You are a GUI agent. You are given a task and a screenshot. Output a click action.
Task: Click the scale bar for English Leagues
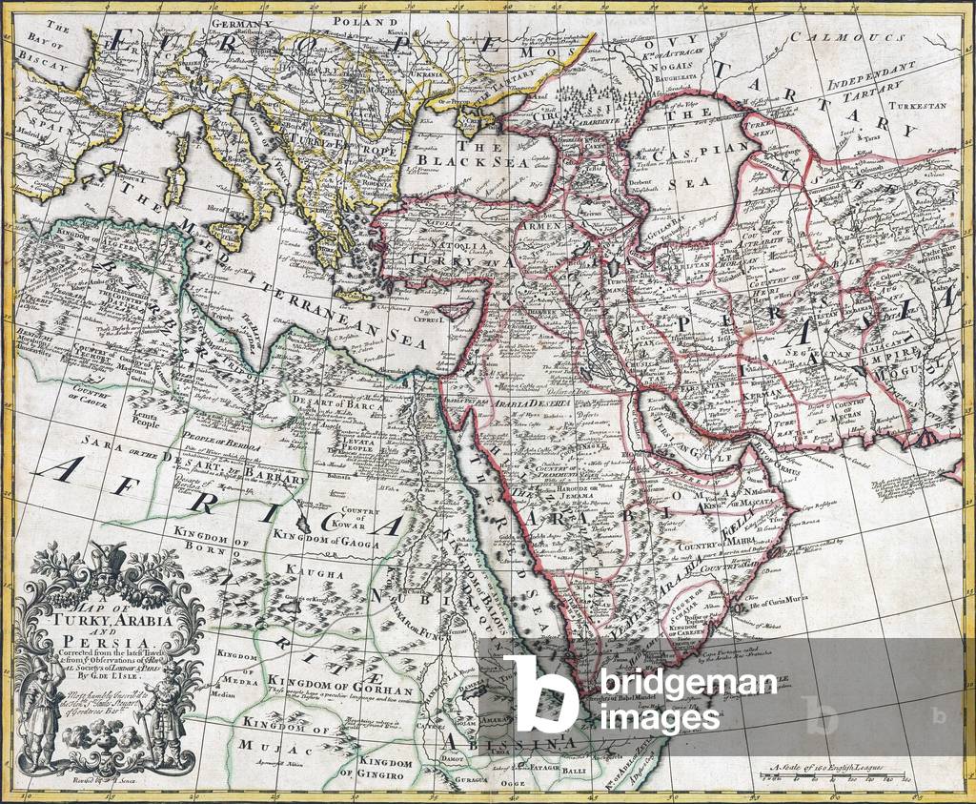click(x=840, y=779)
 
